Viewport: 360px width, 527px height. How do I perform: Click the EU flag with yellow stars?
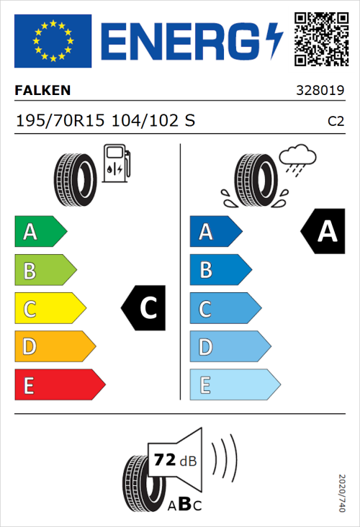pyautogui.click(x=53, y=40)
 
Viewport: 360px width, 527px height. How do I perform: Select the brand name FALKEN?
pyautogui.click(x=42, y=91)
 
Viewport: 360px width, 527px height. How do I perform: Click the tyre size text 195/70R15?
pyautogui.click(x=60, y=120)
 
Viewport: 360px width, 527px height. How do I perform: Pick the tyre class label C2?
pyautogui.click(x=336, y=121)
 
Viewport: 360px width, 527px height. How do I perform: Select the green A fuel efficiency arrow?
pyautogui.click(x=39, y=232)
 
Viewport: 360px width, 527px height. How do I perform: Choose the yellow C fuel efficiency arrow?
pyautogui.click(x=49, y=309)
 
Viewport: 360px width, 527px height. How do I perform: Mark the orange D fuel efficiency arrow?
pyautogui.click(x=54, y=347)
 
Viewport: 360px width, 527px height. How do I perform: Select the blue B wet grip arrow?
pyautogui.click(x=220, y=270)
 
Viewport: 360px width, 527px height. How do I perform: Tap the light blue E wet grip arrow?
pyautogui.click(x=234, y=385)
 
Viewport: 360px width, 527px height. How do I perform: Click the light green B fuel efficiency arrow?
pyautogui.click(x=44, y=271)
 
